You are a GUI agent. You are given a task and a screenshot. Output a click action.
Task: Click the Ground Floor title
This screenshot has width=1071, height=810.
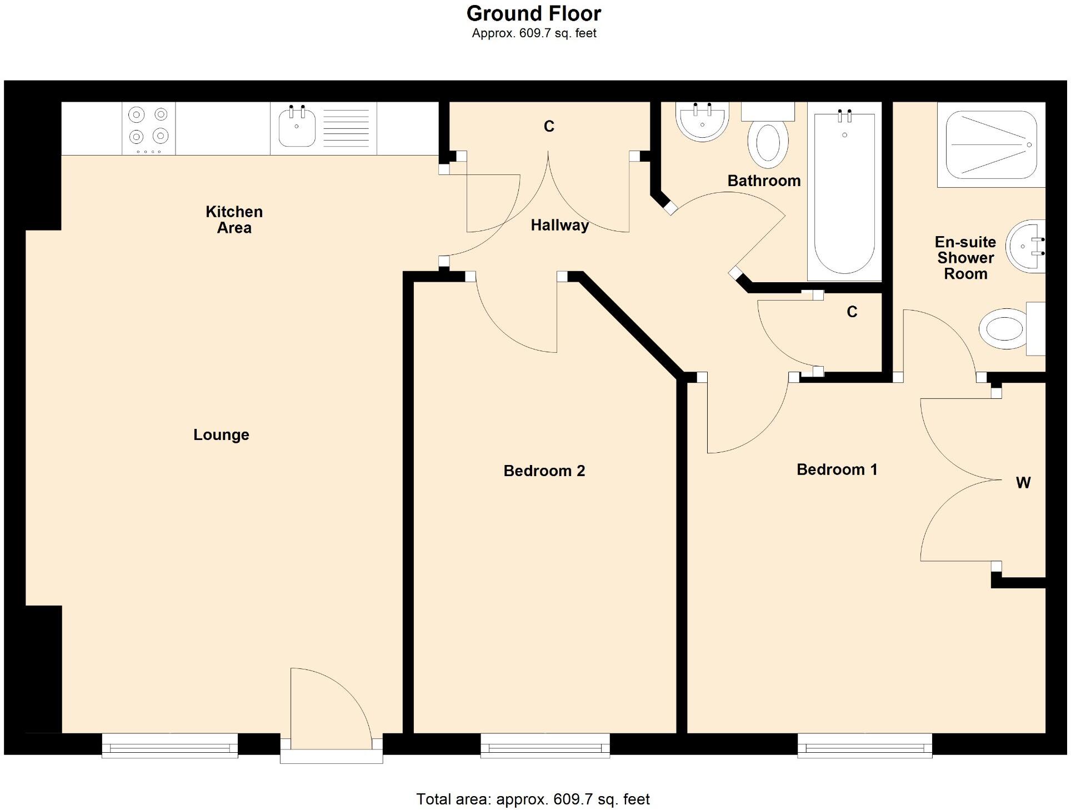tap(533, 13)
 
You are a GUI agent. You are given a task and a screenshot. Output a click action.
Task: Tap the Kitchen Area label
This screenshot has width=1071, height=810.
tap(234, 219)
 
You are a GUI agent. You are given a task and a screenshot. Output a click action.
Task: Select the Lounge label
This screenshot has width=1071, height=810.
tap(221, 434)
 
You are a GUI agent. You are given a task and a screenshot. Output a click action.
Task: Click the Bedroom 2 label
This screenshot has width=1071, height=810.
tap(544, 471)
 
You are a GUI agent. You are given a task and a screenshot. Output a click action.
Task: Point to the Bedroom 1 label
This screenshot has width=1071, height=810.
tap(837, 469)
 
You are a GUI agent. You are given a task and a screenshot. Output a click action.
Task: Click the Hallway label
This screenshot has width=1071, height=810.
tap(559, 225)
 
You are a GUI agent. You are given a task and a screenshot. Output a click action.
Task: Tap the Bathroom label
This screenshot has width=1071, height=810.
tap(764, 181)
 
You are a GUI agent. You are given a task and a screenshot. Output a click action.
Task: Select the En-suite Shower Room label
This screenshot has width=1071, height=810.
tap(965, 258)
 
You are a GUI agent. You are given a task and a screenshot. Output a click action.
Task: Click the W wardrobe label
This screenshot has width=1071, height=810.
tap(1023, 483)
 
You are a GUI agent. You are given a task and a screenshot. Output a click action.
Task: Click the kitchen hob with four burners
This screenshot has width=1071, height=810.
tap(148, 128)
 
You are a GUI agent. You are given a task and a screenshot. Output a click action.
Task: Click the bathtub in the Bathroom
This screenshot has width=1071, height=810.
tap(844, 192)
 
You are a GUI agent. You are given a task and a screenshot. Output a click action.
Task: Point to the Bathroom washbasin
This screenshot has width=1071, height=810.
tap(702, 122)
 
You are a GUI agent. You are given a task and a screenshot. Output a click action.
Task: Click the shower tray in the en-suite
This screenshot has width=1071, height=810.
tap(991, 144)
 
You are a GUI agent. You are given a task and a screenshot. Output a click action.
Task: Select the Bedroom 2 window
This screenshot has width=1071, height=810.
tap(545, 745)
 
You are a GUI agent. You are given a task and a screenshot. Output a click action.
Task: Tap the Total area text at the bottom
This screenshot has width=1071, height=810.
tap(533, 799)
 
